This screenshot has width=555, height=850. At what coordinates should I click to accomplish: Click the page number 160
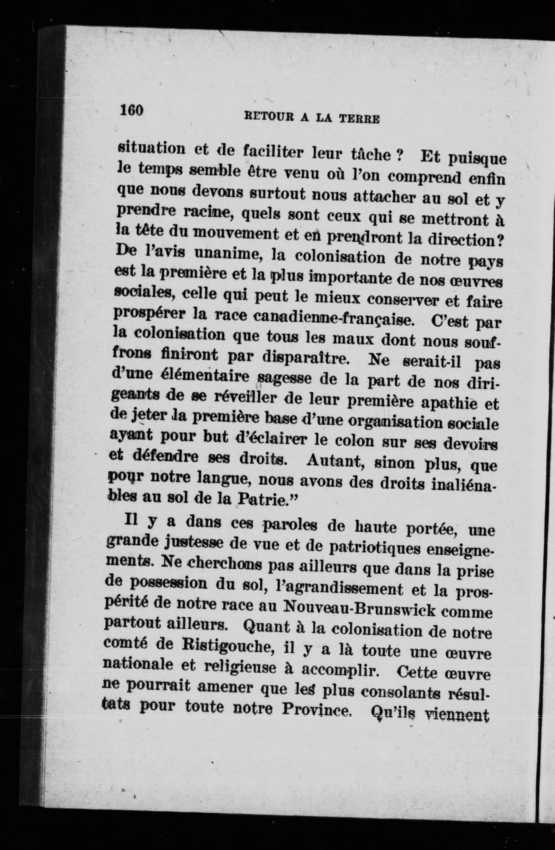pos(131,110)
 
